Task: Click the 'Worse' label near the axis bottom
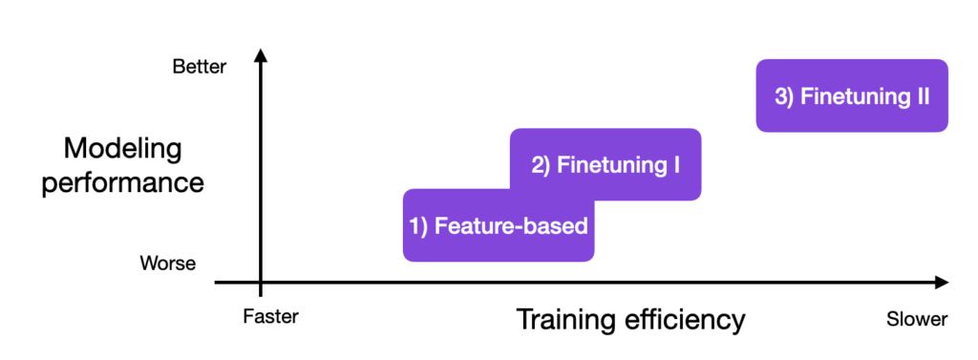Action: (x=168, y=263)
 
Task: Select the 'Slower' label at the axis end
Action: (x=916, y=318)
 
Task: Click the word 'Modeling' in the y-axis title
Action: (x=122, y=149)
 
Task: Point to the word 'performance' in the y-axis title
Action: (x=122, y=181)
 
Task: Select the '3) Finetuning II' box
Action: (x=852, y=95)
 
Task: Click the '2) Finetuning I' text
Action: (x=606, y=164)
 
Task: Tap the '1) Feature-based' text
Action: (x=499, y=226)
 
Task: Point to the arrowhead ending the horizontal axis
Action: (x=941, y=283)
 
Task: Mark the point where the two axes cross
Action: (x=260, y=283)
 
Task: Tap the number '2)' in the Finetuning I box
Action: (x=541, y=164)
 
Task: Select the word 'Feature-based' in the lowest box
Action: (x=511, y=226)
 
